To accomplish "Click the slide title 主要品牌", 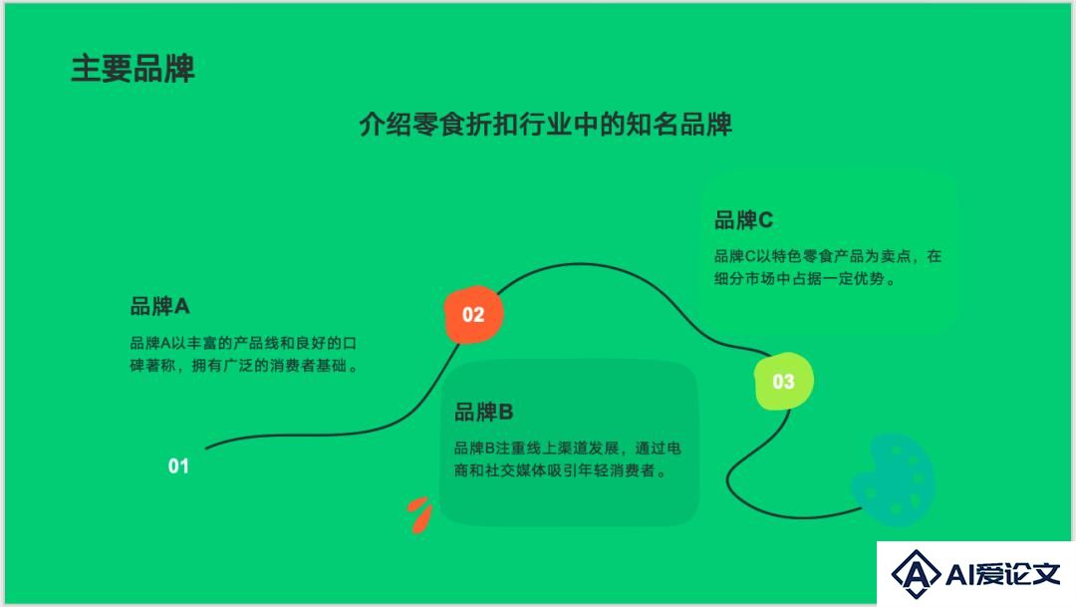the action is [x=134, y=69].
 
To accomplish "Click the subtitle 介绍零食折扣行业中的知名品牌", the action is [x=546, y=125].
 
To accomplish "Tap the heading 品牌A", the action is [x=159, y=306].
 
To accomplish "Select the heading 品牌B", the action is [x=484, y=412].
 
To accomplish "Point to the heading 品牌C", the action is [x=744, y=219].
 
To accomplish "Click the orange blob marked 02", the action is [x=473, y=315].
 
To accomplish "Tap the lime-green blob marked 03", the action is [x=784, y=381].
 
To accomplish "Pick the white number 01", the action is [x=178, y=466].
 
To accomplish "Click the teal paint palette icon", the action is [x=893, y=480].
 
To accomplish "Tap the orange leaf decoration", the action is [x=419, y=514].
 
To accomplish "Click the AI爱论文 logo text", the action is [x=1002, y=574].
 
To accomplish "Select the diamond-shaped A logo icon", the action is [x=916, y=573].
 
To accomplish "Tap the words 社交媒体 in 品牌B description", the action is [x=516, y=470].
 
